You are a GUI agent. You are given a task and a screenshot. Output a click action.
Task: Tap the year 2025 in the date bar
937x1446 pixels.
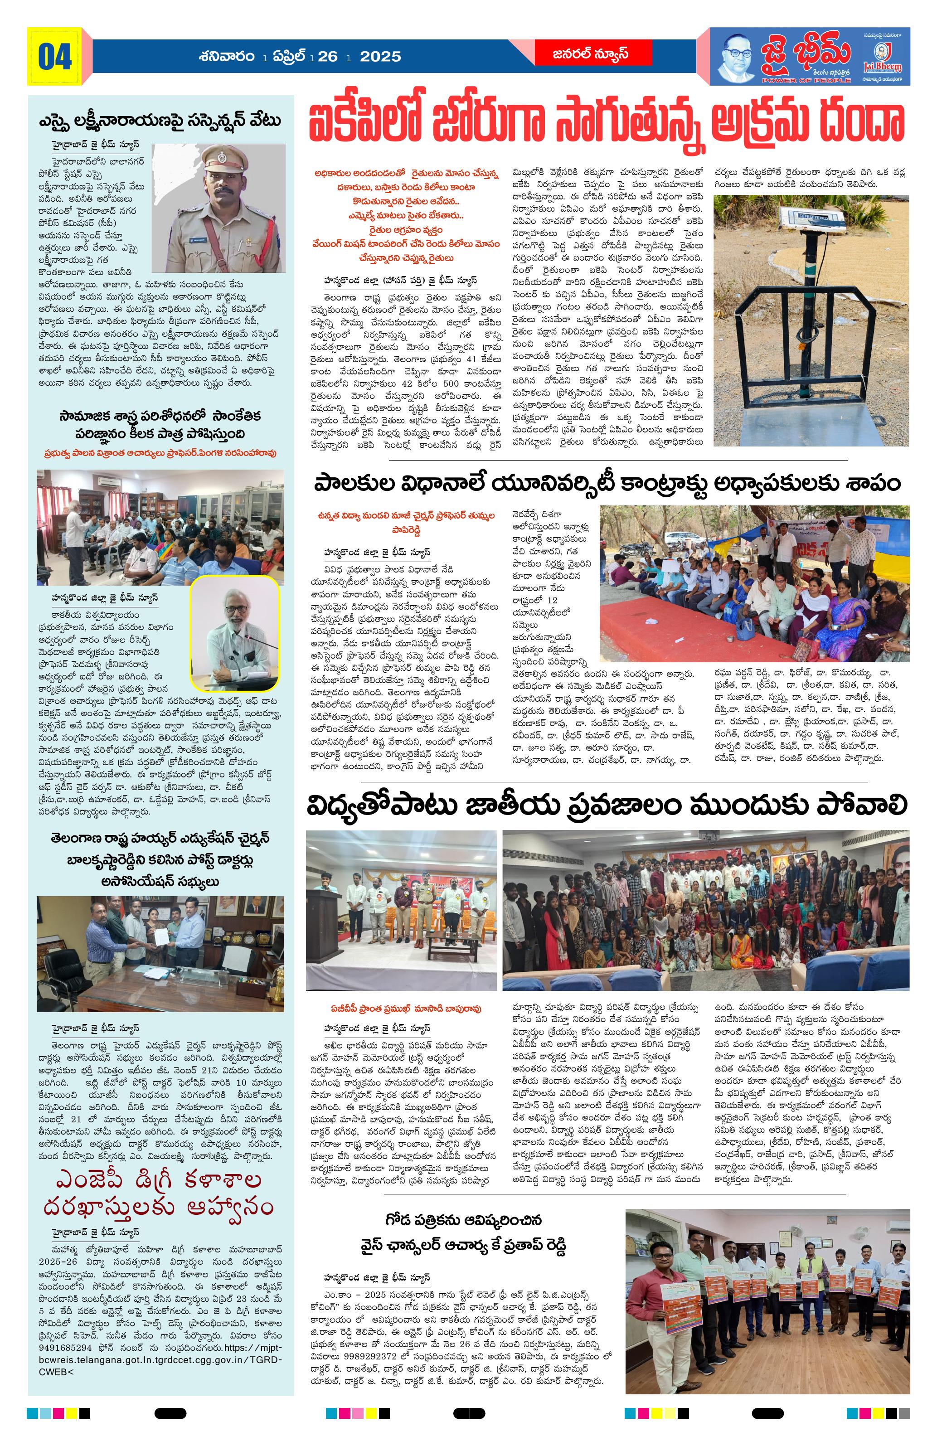(380, 57)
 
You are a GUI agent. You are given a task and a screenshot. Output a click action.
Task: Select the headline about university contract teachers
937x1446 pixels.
(605, 484)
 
